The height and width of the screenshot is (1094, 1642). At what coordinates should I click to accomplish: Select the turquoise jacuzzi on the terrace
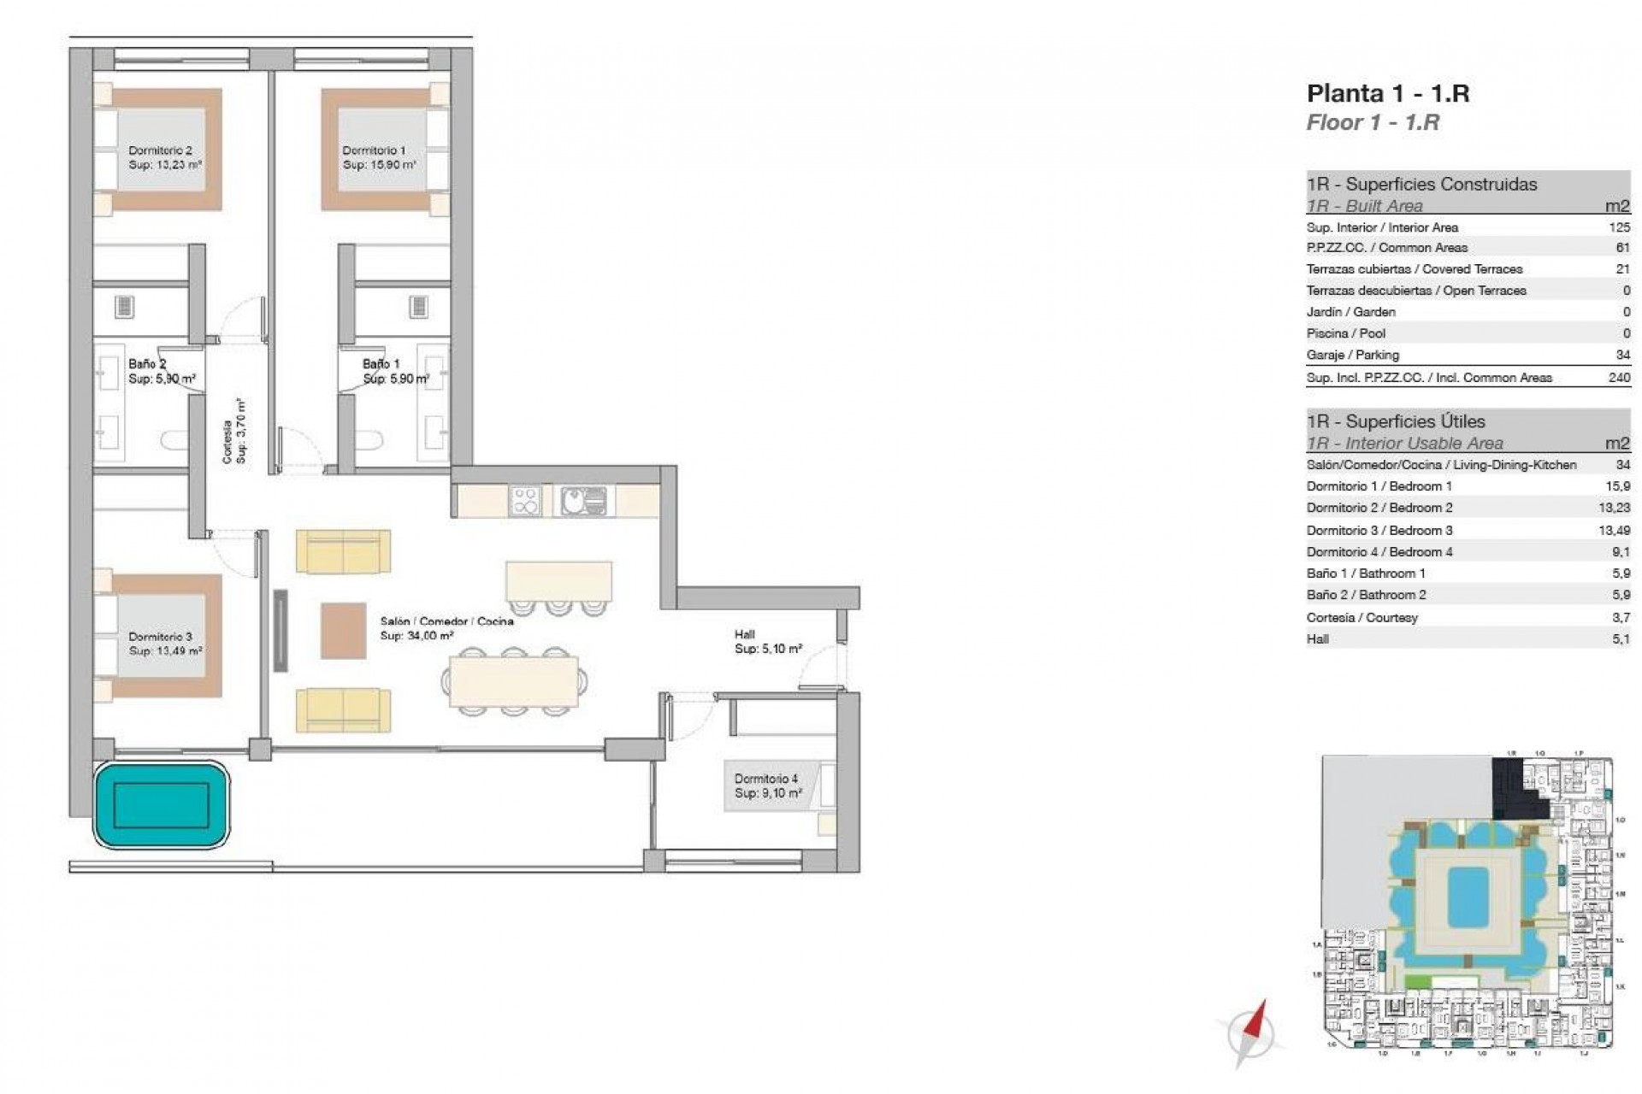point(162,805)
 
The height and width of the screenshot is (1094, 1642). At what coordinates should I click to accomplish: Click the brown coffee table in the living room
point(343,631)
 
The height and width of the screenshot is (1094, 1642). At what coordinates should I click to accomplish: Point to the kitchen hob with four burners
point(524,500)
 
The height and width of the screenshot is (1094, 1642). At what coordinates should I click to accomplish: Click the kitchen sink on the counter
point(584,500)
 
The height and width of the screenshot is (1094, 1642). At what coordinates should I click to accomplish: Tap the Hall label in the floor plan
point(744,635)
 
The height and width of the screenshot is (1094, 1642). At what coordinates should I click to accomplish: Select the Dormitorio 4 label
point(765,779)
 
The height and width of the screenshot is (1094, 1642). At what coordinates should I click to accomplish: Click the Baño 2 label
point(147,364)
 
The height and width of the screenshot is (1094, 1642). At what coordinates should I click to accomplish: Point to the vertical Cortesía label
point(227,441)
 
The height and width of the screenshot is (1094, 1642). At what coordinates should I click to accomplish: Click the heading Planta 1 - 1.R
point(1387,93)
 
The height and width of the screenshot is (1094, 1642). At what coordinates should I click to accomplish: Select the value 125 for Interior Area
point(1619,227)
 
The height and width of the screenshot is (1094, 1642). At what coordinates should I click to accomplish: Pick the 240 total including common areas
point(1619,377)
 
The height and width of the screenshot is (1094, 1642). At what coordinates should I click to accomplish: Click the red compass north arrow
point(1255,1021)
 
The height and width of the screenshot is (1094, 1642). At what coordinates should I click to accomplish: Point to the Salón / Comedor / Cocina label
point(446,621)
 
